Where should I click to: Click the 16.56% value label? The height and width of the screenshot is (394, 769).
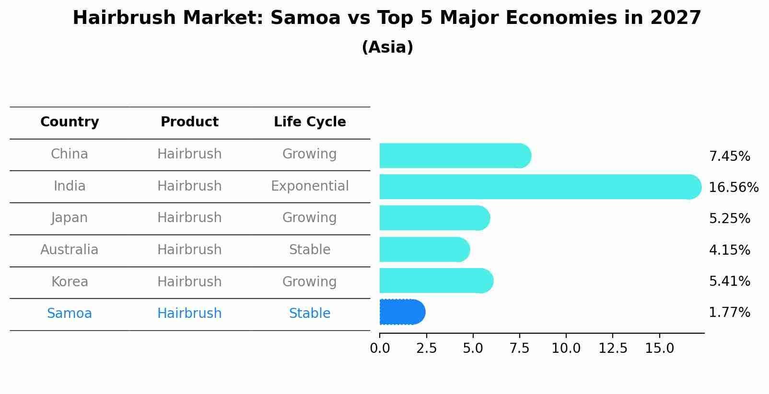click(733, 187)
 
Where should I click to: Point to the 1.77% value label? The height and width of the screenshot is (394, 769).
click(729, 313)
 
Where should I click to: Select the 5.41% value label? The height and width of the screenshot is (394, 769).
click(729, 281)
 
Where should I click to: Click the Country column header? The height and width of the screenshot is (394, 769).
click(70, 122)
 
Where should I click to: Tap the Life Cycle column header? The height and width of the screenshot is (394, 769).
click(310, 122)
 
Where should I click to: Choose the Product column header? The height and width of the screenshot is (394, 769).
click(189, 122)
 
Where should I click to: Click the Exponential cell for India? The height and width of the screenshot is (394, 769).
click(310, 186)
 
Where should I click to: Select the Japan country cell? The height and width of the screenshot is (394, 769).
click(70, 218)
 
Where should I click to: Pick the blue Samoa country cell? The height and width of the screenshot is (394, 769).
click(70, 314)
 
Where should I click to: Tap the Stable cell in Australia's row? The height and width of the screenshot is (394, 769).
click(310, 250)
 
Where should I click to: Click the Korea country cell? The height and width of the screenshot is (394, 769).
click(70, 281)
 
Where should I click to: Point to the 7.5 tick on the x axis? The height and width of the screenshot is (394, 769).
click(519, 348)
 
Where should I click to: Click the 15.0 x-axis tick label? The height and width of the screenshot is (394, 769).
click(659, 348)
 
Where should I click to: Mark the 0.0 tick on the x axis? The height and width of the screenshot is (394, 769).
click(380, 348)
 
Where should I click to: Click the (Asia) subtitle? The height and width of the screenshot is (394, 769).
click(387, 47)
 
